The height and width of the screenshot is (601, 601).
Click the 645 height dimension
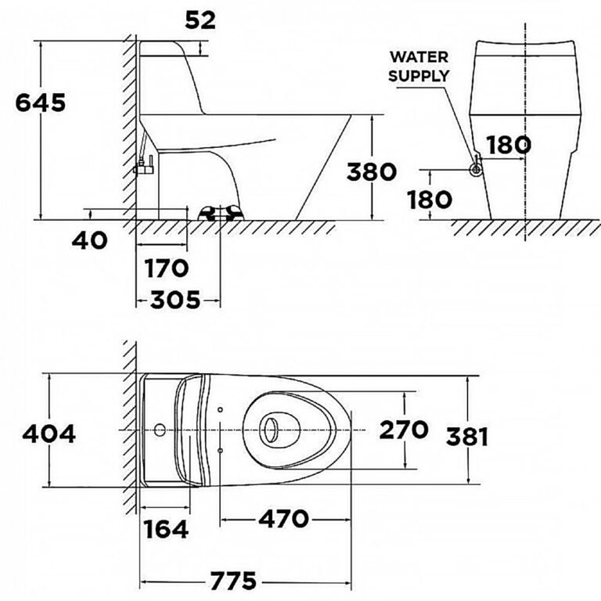click(x=40, y=103)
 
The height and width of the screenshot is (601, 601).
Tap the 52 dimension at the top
click(x=200, y=20)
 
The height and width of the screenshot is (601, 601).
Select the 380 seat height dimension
click(x=371, y=171)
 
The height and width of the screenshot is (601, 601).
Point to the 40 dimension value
click(x=90, y=241)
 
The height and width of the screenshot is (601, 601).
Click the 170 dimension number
click(x=167, y=268)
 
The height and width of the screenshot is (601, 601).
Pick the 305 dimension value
click(x=175, y=300)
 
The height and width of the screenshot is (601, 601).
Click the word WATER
click(x=419, y=57)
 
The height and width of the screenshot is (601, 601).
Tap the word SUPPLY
click(x=419, y=75)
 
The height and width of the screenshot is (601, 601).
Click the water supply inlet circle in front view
click(x=476, y=169)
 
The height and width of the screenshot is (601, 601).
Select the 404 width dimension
click(x=49, y=434)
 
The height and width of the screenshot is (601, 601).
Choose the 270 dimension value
click(x=404, y=430)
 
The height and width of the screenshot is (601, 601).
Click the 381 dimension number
click(x=467, y=437)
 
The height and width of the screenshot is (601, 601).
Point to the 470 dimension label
click(x=283, y=520)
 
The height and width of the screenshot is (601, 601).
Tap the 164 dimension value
click(x=166, y=530)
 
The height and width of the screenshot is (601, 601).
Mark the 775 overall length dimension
click(x=233, y=581)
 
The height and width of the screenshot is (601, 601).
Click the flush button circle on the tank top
click(x=160, y=430)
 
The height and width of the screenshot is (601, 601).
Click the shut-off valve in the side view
click(x=145, y=166)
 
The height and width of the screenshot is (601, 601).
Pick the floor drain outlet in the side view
click(x=221, y=213)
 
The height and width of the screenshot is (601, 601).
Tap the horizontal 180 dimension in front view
click(x=509, y=145)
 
